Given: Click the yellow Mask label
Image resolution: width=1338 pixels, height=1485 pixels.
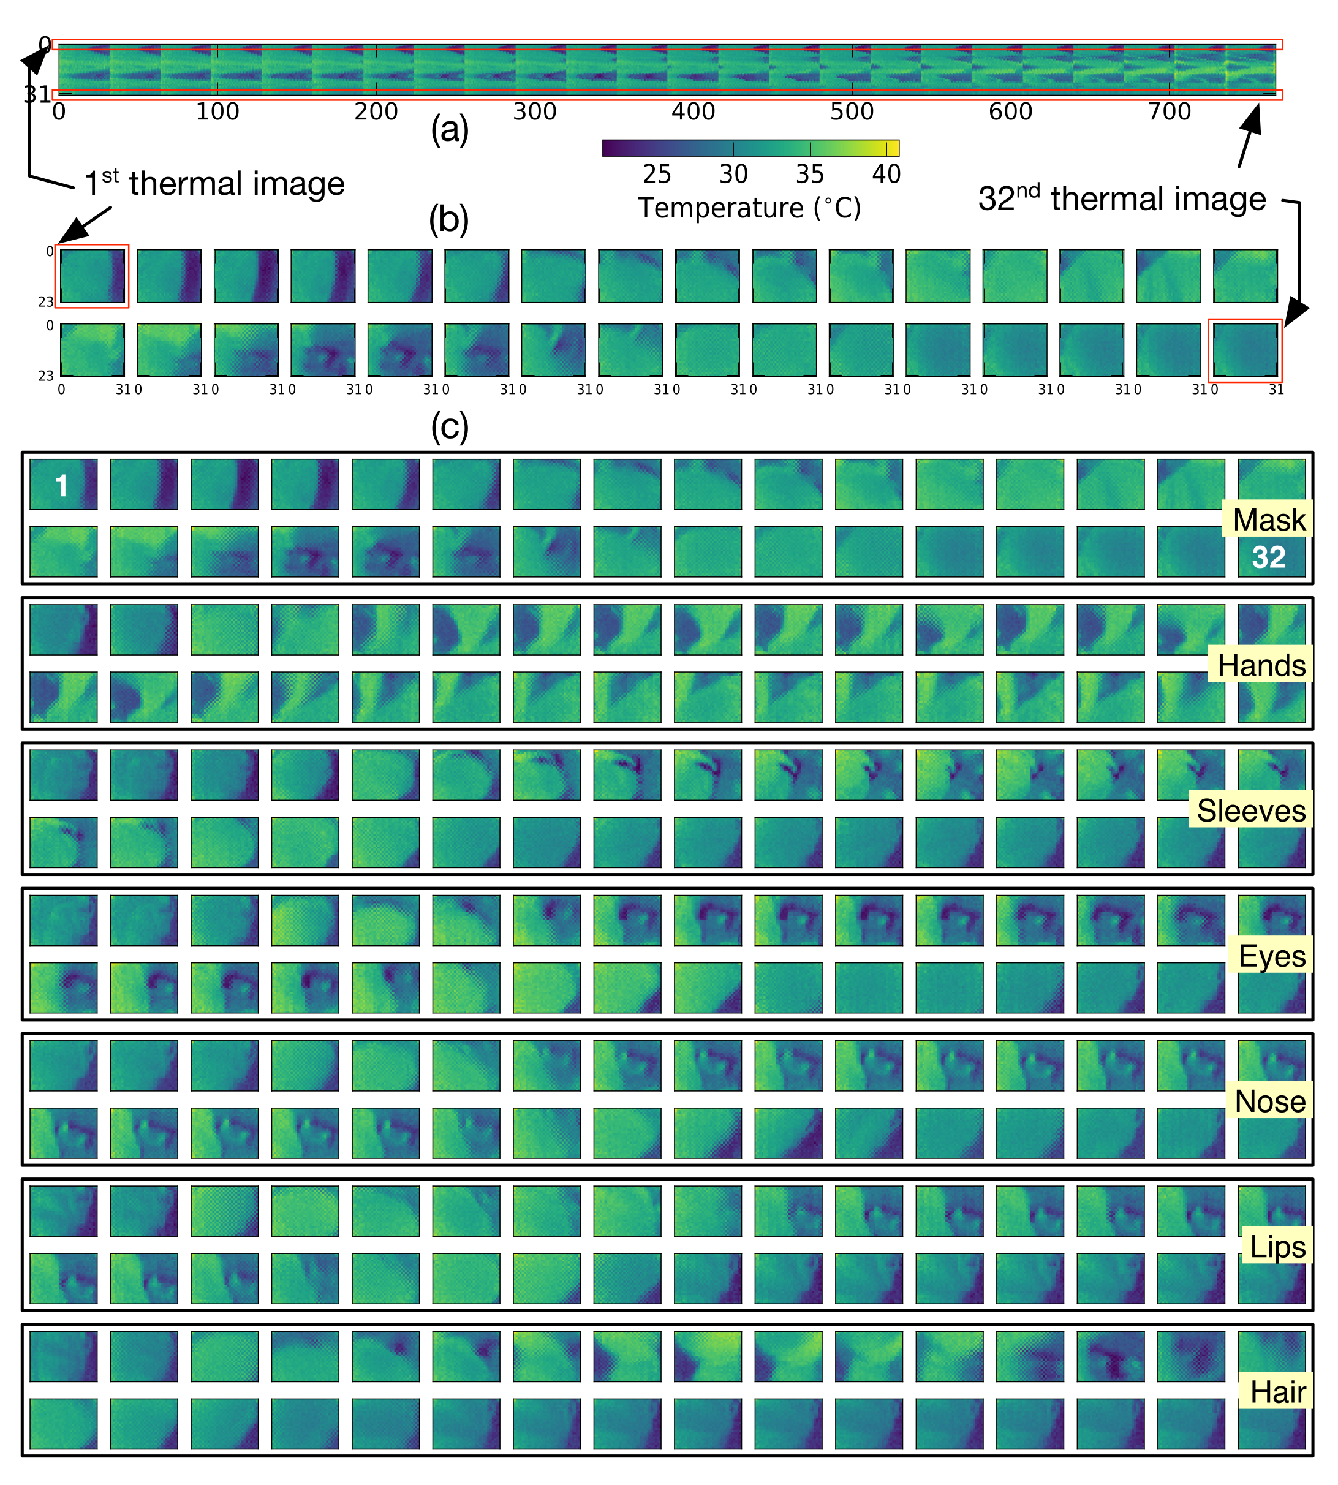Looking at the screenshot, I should point(1268,520).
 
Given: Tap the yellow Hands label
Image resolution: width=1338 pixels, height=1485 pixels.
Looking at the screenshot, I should point(1261,665).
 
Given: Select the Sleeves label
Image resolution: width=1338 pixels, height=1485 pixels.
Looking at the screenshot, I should point(1250,811).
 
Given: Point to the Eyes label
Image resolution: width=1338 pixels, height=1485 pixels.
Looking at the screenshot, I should point(1271,956).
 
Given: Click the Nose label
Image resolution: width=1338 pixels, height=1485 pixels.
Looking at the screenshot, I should point(1269,1101).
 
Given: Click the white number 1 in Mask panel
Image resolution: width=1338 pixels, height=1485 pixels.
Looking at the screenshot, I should point(62,486).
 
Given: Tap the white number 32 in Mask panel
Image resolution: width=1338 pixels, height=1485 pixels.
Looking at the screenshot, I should point(1268,557).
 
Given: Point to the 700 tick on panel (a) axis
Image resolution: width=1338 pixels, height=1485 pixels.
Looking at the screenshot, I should point(1169,111).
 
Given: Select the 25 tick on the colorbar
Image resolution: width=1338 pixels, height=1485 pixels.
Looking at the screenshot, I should point(657,174).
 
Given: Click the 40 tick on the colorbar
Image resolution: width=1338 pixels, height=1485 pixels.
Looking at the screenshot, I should point(886,174).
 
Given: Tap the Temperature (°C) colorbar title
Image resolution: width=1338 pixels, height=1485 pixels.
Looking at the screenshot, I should point(749,208).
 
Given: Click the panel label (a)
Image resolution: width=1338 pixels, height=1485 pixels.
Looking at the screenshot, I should point(449,130).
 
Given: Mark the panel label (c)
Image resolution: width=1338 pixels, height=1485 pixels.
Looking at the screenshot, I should point(449,426).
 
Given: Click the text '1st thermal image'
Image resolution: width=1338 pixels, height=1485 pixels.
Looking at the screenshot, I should point(214,184).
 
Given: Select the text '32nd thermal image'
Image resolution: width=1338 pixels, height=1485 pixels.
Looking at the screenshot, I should point(1122,198).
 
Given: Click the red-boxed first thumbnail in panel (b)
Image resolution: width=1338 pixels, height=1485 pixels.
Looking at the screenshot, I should point(92,276).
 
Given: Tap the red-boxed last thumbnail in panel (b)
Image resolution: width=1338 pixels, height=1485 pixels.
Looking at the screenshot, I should point(1245,350).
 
